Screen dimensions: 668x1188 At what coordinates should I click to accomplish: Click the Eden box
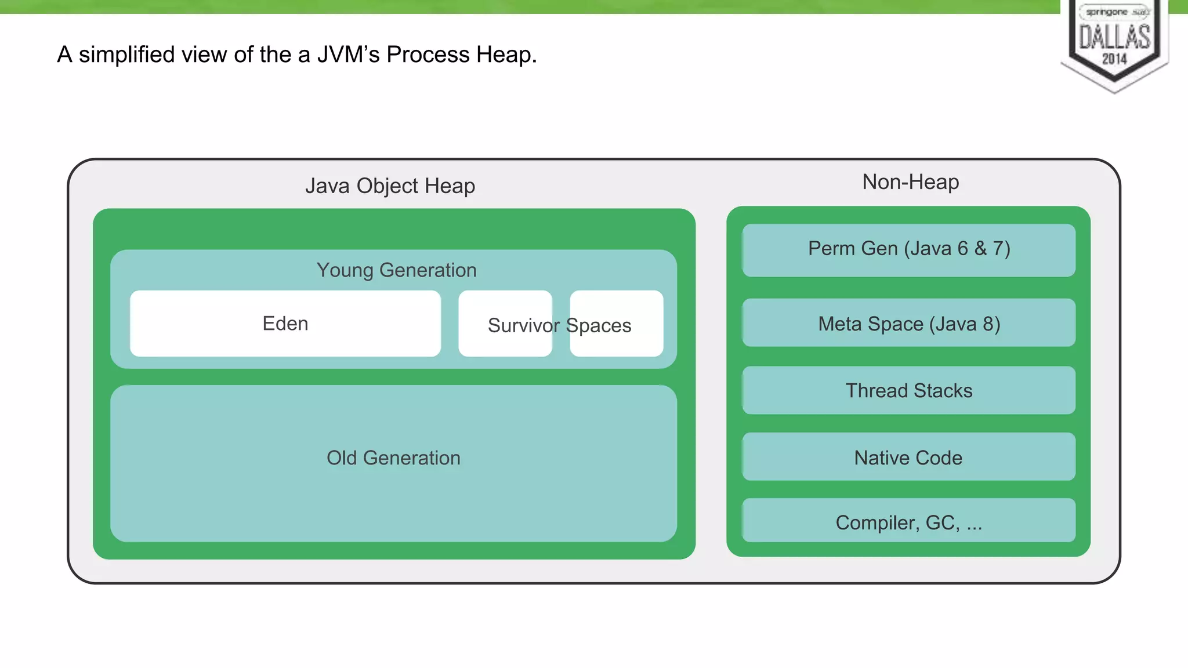click(285, 324)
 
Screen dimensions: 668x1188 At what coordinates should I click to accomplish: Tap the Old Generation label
click(393, 458)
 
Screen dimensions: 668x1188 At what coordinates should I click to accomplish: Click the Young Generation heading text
click(396, 270)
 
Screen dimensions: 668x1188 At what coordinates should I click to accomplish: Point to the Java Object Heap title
click(390, 186)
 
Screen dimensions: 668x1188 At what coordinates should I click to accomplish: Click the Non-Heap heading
click(910, 182)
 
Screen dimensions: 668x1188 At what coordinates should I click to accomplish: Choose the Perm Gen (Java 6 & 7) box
click(908, 249)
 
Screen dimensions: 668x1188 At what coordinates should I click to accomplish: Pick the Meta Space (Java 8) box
click(908, 324)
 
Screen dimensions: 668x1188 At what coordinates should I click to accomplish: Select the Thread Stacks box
click(908, 391)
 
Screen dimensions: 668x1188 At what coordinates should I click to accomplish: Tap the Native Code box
click(908, 458)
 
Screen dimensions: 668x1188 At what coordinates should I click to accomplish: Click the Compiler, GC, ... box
click(908, 522)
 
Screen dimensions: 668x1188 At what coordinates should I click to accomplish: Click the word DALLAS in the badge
click(1114, 37)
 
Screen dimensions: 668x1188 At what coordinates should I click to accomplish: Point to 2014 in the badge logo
click(1114, 59)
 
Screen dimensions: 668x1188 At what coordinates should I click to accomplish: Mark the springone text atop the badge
click(1106, 12)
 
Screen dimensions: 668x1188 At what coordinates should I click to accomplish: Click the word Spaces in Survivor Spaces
click(599, 326)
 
